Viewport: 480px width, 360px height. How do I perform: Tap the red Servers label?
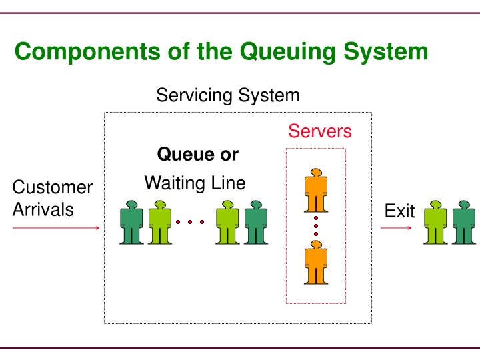coord(320,131)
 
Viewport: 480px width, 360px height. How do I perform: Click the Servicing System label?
coord(228,95)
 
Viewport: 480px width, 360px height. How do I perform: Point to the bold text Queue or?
coord(197,155)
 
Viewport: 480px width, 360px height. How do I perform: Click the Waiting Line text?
coord(195,183)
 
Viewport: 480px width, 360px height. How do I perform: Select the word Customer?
coord(53,188)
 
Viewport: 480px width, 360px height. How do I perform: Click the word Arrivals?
coord(43,209)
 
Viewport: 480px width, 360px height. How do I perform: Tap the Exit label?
coord(399,211)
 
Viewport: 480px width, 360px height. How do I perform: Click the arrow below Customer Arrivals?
coord(56,228)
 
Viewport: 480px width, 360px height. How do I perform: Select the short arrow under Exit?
coord(396,228)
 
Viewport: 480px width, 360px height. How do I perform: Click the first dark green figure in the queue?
coord(132,223)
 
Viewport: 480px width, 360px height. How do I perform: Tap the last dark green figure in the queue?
coord(256,223)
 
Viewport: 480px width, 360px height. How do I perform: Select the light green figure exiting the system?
coord(437,223)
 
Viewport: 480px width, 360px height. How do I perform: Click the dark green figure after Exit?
coord(464,223)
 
